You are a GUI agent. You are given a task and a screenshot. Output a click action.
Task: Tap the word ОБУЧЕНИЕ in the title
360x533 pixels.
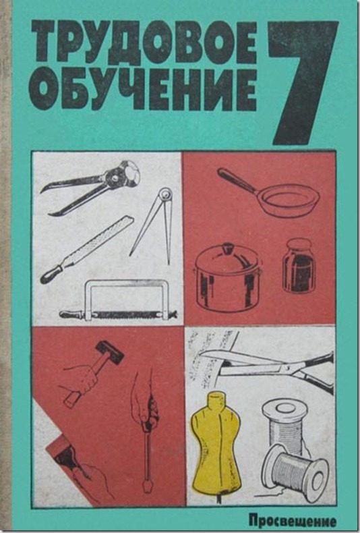click(x=143, y=89)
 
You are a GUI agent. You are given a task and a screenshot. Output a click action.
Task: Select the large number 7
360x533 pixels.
click(x=303, y=82)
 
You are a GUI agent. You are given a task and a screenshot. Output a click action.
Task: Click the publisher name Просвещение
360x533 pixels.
click(x=292, y=520)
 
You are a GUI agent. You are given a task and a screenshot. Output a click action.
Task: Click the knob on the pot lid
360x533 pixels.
click(x=227, y=247)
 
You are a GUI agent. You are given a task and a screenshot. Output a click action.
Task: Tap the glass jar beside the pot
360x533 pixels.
click(x=299, y=265)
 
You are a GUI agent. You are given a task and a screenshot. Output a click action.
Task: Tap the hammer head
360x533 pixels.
click(x=109, y=352)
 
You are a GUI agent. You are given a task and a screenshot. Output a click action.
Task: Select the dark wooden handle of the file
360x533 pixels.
click(x=52, y=275)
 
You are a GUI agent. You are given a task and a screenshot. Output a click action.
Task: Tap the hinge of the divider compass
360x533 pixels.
click(x=166, y=194)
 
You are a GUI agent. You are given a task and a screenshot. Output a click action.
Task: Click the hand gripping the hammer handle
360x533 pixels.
click(x=80, y=380)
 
